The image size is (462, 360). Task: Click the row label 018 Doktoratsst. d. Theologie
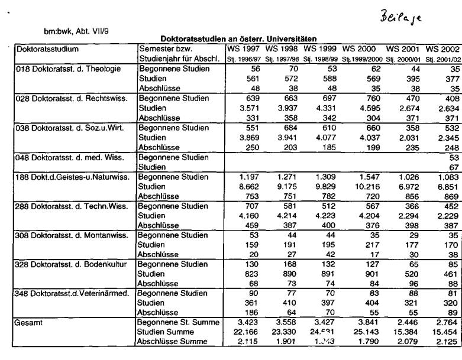point(69,69)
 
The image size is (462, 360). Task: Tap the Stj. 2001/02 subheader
point(440,58)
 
